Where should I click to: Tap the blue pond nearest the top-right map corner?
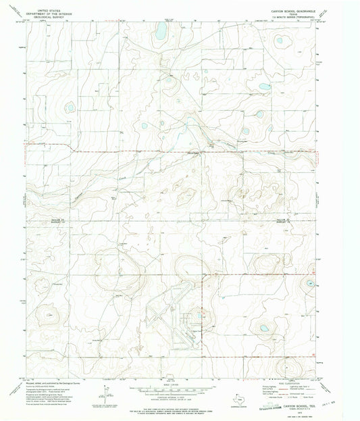click(279, 40)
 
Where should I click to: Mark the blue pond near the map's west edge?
click(69, 107)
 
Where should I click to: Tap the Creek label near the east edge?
click(292, 154)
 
